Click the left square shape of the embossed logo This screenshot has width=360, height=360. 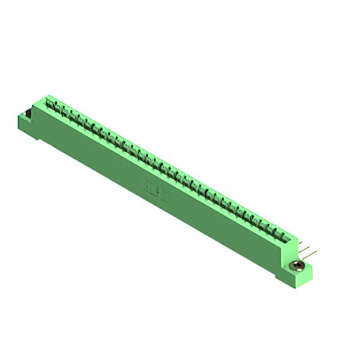click(150, 186)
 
